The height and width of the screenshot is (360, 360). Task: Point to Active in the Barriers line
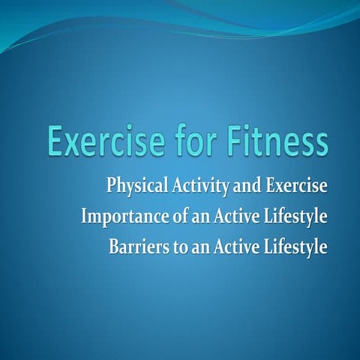click(227, 247)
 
